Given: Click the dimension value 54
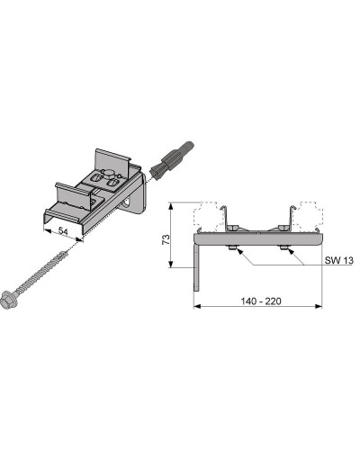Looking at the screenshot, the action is pos(63,230).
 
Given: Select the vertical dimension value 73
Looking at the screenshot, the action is pos(166,239).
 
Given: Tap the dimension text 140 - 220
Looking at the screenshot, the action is pos(261,301).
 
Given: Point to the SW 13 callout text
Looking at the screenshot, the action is pos(339,260).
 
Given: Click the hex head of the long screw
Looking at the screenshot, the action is pos(8,299).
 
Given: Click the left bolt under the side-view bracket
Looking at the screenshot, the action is pos(232,247).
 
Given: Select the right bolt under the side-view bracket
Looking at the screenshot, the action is pos(283,247).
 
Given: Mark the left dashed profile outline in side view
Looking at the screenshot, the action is pos(206,217).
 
